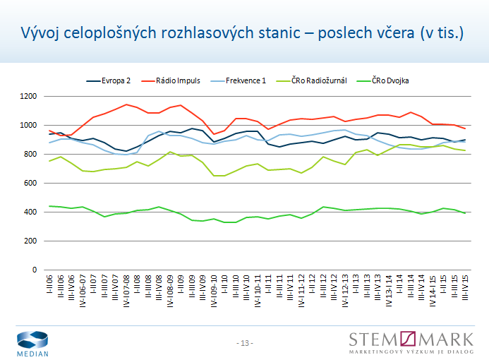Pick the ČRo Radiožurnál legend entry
click(319, 80)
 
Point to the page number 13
click(245, 343)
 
